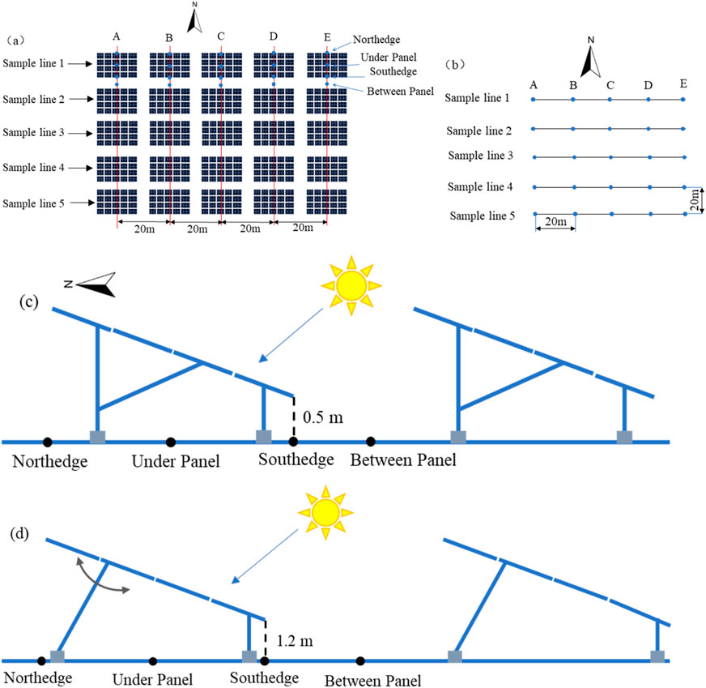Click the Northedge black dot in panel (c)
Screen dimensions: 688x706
tap(48, 442)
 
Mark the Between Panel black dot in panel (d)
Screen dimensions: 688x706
tap(360, 660)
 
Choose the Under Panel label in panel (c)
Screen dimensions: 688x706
tap(169, 462)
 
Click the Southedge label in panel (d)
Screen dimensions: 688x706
tap(262, 677)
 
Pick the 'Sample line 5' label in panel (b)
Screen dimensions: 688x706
tap(480, 216)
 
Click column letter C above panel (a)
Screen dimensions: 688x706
tap(221, 36)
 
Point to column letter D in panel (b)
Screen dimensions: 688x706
tap(648, 84)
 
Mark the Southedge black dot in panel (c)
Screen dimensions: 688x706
tap(293, 442)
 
